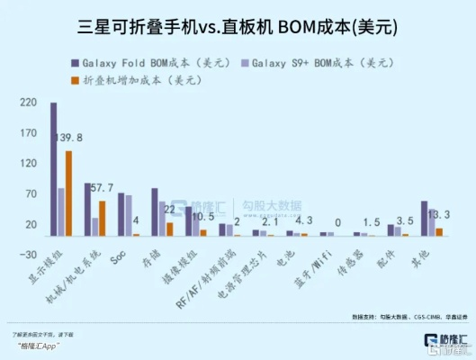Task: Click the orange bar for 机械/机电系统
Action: point(102,219)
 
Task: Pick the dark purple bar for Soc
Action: point(121,214)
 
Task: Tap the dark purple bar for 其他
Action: point(425,219)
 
